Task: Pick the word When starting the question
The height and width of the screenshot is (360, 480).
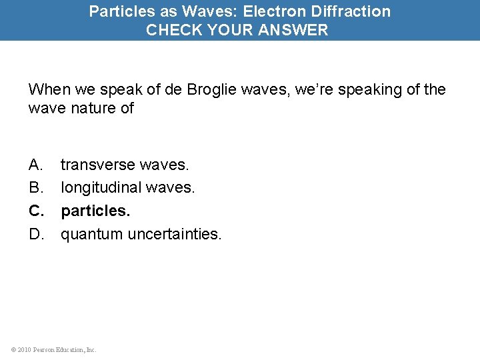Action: tap(49, 89)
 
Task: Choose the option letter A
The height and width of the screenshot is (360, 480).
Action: tap(35, 164)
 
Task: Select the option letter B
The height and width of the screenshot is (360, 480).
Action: tap(35, 187)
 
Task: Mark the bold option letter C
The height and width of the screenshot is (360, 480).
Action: tap(36, 211)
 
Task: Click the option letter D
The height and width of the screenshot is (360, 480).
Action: tap(36, 234)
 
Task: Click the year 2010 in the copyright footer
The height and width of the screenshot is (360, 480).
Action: tap(24, 349)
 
